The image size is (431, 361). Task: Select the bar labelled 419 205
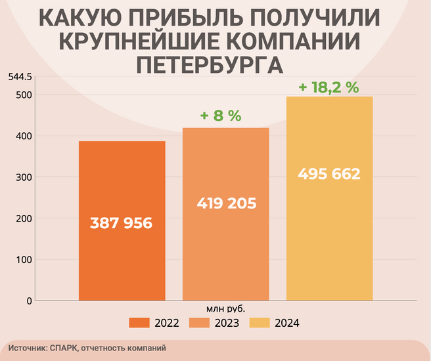click(x=226, y=250)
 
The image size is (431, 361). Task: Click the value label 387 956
click(x=122, y=224)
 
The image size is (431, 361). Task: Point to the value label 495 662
click(x=329, y=175)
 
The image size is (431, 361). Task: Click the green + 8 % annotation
click(x=221, y=116)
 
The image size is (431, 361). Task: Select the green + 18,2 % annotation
click(x=329, y=87)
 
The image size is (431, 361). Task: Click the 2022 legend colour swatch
click(x=140, y=323)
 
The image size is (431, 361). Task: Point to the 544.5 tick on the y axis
click(x=20, y=77)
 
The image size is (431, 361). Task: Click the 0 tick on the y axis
click(x=29, y=301)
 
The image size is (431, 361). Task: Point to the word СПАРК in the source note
click(x=64, y=347)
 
